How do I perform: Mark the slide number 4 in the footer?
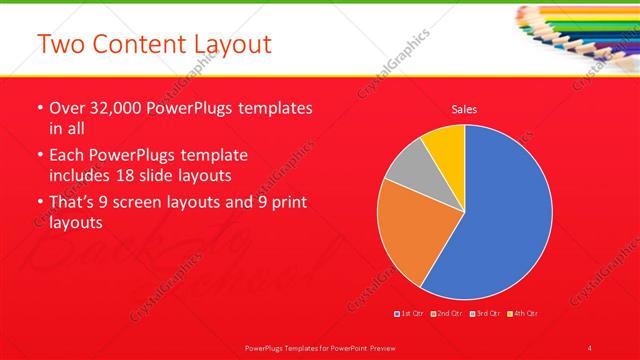tap(590, 347)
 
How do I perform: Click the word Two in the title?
tap(59, 45)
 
